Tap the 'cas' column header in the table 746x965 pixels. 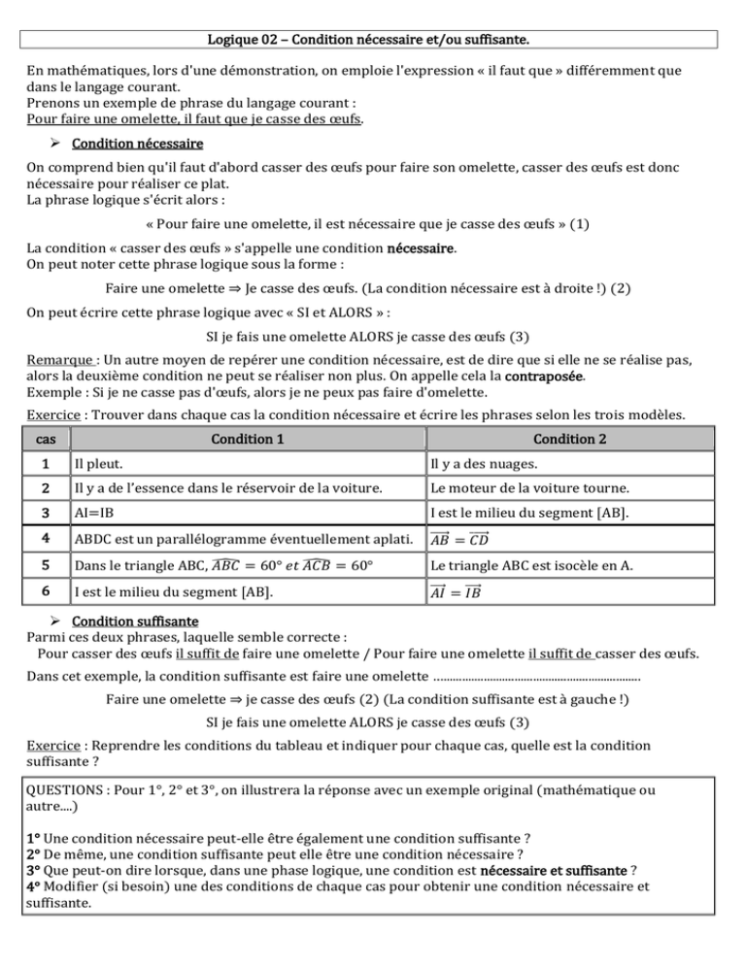click(x=45, y=464)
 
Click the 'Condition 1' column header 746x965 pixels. click(x=249, y=464)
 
